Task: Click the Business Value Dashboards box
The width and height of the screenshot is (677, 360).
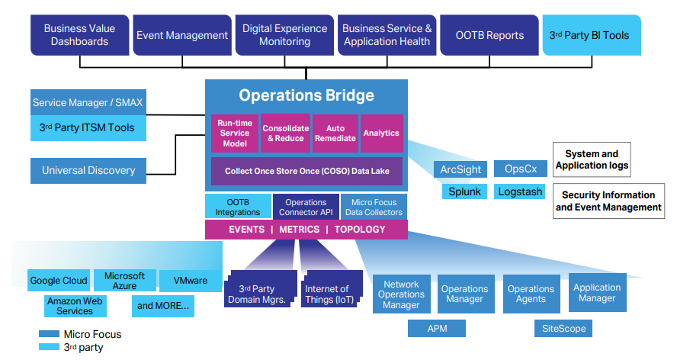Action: pyautogui.click(x=79, y=35)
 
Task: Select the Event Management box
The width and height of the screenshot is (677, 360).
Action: pyautogui.click(x=182, y=35)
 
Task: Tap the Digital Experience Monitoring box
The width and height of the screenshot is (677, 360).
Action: pyautogui.click(x=284, y=35)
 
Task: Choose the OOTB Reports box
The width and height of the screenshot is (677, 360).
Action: pyautogui.click(x=489, y=35)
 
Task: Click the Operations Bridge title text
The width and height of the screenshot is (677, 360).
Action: pyautogui.click(x=306, y=95)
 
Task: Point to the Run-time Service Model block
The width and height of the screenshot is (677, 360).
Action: pyautogui.click(x=235, y=133)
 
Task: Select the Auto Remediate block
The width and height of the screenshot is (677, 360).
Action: pyautogui.click(x=335, y=133)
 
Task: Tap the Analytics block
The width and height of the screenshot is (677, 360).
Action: pyautogui.click(x=381, y=133)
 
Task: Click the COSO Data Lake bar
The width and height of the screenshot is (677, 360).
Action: pyautogui.click(x=306, y=171)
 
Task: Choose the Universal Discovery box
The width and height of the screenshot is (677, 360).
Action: pyautogui.click(x=88, y=170)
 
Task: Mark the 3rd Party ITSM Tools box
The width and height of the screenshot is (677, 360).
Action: pyautogui.click(x=87, y=127)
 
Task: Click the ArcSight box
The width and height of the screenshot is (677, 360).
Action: pyautogui.click(x=460, y=169)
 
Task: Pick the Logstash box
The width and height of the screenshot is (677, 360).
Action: pyautogui.click(x=520, y=191)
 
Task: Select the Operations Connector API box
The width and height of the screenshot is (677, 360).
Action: pyautogui.click(x=306, y=207)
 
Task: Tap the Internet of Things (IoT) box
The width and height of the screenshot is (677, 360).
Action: pyautogui.click(x=326, y=294)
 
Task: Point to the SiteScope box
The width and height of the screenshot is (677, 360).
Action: pyautogui.click(x=563, y=328)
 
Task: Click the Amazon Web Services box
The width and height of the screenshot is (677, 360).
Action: pyautogui.click(x=75, y=306)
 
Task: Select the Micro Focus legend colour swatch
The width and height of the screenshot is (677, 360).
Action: pyautogui.click(x=49, y=334)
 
